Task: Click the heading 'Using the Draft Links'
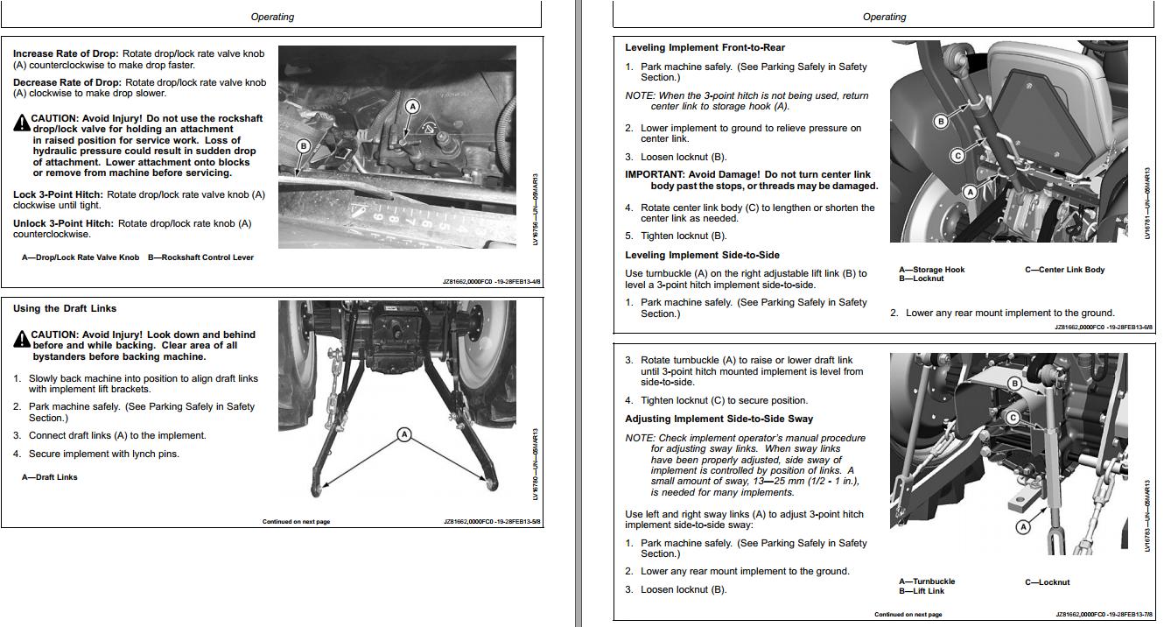[x=65, y=308]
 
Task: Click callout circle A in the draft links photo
[x=404, y=434]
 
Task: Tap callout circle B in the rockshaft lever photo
[x=304, y=146]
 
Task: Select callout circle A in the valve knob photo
[x=412, y=107]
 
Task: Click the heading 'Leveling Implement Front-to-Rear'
[x=705, y=47]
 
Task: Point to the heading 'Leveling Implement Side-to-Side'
[x=702, y=255]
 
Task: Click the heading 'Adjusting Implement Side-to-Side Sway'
[x=719, y=419]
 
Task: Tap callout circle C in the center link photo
[x=957, y=156]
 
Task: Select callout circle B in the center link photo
[x=941, y=121]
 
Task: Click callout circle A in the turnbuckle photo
[x=1022, y=526]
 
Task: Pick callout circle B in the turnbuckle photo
[x=1014, y=384]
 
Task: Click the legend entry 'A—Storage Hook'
[x=931, y=270]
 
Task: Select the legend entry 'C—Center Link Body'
[x=1064, y=270]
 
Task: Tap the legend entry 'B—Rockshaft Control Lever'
[x=200, y=257]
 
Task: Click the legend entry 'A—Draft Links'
[x=50, y=477]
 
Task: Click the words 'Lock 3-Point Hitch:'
[x=58, y=194]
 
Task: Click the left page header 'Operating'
[x=272, y=17]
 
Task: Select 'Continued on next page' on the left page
[x=296, y=522]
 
